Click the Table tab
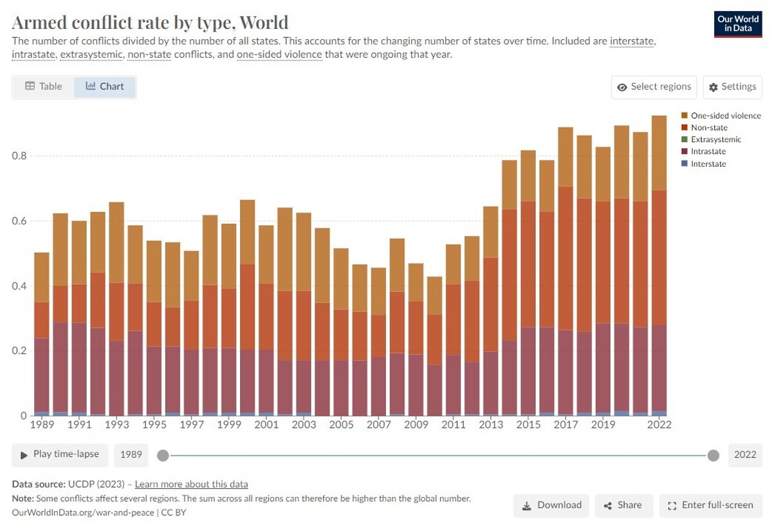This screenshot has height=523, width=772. [x=44, y=86]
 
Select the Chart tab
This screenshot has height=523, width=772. [x=105, y=86]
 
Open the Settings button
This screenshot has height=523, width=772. [x=732, y=87]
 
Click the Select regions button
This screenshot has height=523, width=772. [x=654, y=87]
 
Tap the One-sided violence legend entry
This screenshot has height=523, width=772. [x=725, y=116]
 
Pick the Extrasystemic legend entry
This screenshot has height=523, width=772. [x=715, y=140]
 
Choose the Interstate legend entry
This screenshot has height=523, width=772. [x=708, y=164]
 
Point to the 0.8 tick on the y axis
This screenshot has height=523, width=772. [x=20, y=156]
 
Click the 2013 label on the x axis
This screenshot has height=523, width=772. [x=491, y=425]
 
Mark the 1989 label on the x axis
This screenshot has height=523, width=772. [x=42, y=425]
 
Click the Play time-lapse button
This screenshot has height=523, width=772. [x=59, y=454]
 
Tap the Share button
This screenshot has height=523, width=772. [x=623, y=506]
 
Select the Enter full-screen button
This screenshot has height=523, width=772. [x=710, y=506]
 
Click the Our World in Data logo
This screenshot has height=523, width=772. [x=738, y=24]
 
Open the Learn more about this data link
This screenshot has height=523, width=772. [x=191, y=484]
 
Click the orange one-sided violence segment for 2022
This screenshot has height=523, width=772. [x=659, y=152]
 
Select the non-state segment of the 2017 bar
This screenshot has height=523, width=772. [x=565, y=257]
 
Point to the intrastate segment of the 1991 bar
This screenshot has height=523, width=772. [x=80, y=367]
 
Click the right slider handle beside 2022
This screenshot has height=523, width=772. [x=713, y=455]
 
